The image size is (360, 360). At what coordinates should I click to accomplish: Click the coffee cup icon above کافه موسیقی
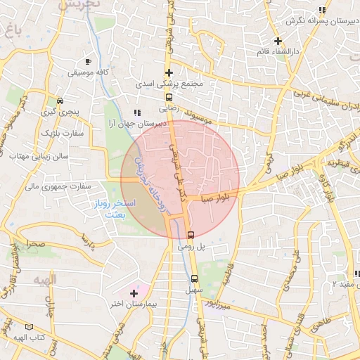pyautogui.click(x=88, y=62)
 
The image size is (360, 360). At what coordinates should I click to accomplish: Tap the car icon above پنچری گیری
pyautogui.click(x=60, y=101)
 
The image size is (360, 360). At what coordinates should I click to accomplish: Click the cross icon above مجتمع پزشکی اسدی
pyautogui.click(x=169, y=72)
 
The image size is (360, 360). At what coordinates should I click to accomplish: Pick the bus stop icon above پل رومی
pyautogui.click(x=191, y=234)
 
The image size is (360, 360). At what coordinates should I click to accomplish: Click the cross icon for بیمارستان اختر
pyautogui.click(x=134, y=292)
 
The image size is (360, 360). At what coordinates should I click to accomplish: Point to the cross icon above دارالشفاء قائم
pyautogui.click(x=278, y=40)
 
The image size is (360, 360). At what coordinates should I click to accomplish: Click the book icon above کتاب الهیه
pyautogui.click(x=29, y=326)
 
